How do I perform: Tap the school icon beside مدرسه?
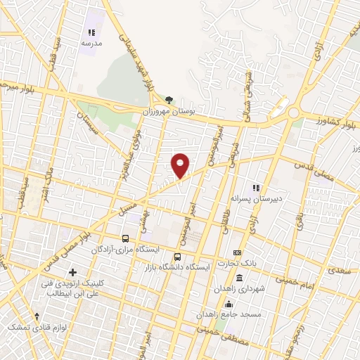pos(90,32)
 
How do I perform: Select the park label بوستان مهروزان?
pos(173,111)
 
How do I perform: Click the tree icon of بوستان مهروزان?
pos(168,100)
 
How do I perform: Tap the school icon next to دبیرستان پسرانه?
pos(256,188)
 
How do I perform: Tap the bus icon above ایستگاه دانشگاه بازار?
pos(177,257)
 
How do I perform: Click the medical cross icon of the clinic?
pos(73,271)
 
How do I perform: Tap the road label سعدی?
pos(338,269)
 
